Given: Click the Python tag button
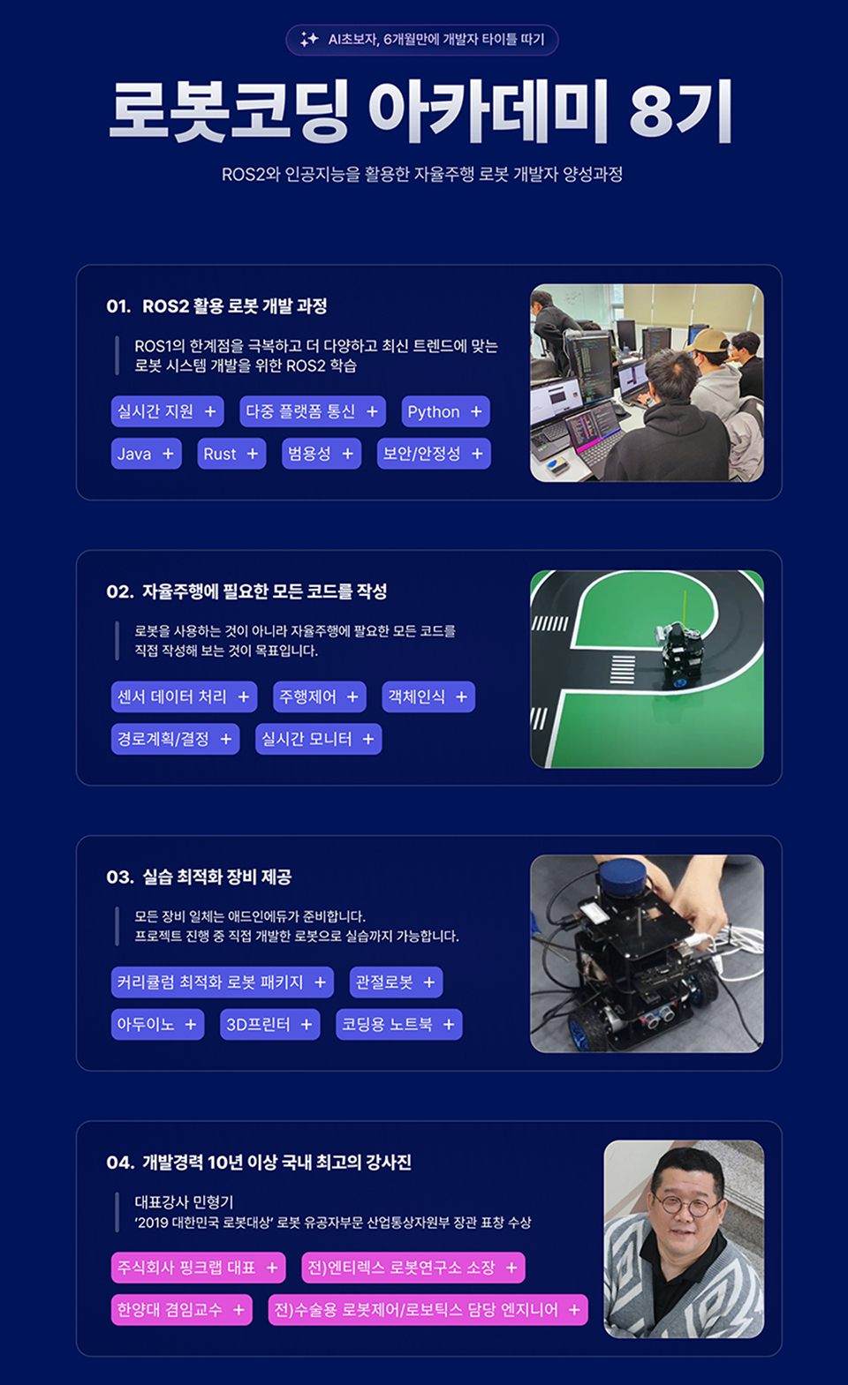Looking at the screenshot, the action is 445,411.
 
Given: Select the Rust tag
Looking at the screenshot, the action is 231,454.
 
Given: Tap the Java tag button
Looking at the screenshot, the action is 146,454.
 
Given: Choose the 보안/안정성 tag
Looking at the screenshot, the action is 434,454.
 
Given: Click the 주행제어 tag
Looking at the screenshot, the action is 319,696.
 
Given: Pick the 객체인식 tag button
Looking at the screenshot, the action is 428,696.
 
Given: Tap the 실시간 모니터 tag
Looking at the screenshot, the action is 319,739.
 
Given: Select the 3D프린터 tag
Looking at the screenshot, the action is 269,1025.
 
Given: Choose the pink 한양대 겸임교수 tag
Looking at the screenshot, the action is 182,1310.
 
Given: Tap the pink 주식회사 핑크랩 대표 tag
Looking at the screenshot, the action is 199,1268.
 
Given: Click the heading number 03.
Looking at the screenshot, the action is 120,877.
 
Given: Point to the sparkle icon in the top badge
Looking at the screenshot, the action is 308,40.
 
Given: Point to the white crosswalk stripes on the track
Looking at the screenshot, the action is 623,670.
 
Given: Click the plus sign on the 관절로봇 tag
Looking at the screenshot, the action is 428,982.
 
